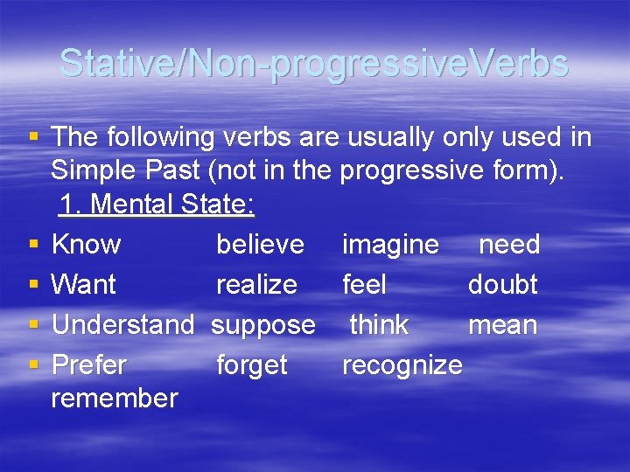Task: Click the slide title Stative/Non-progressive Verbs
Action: coord(314,64)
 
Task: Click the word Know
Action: coord(87,244)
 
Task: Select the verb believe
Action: coord(260,244)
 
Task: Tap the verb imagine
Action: coord(390,245)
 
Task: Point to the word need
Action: coord(509,244)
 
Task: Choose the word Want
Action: coord(84,284)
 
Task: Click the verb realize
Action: coord(256,284)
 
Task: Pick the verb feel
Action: coord(364,284)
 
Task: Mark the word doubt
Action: coord(502,284)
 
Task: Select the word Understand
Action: coord(122,324)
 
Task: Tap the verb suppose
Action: coord(263,325)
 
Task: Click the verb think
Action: coord(379,324)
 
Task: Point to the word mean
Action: coord(502,324)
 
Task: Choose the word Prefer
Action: coord(89,364)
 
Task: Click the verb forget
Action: coord(251,365)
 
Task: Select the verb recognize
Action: coord(402,365)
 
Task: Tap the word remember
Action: coord(115,399)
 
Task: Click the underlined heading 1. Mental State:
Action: coord(157,205)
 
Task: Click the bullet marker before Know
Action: coord(34,244)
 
